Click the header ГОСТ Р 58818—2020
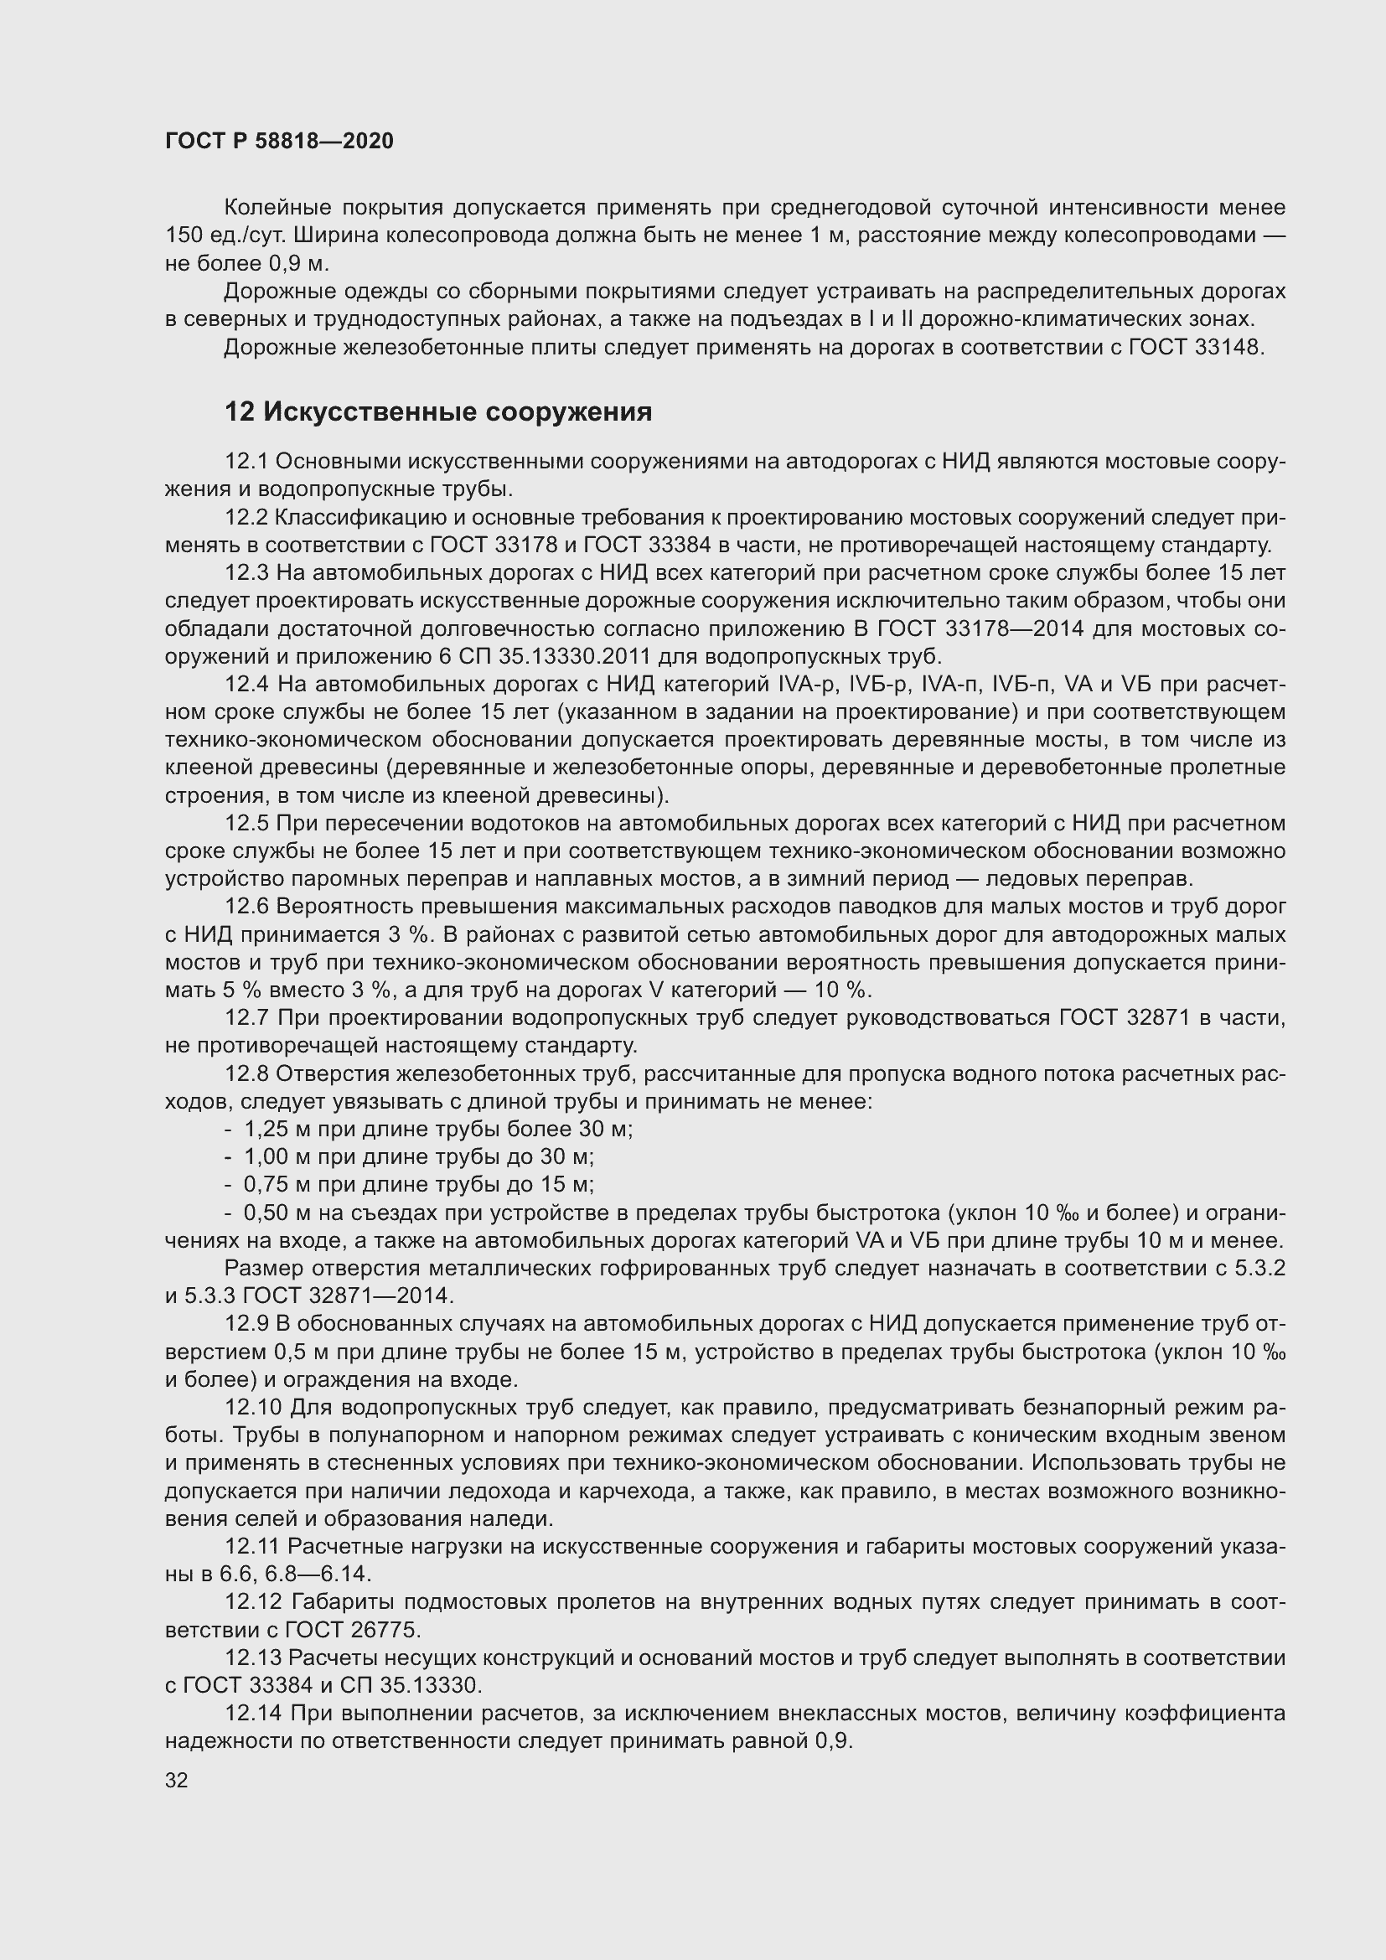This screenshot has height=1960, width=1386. tap(279, 141)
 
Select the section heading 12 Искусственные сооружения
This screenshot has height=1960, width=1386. tap(437, 412)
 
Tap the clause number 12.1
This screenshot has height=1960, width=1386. tap(246, 462)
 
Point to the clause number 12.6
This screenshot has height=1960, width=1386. tap(246, 907)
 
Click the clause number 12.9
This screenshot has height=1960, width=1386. tap(246, 1324)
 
